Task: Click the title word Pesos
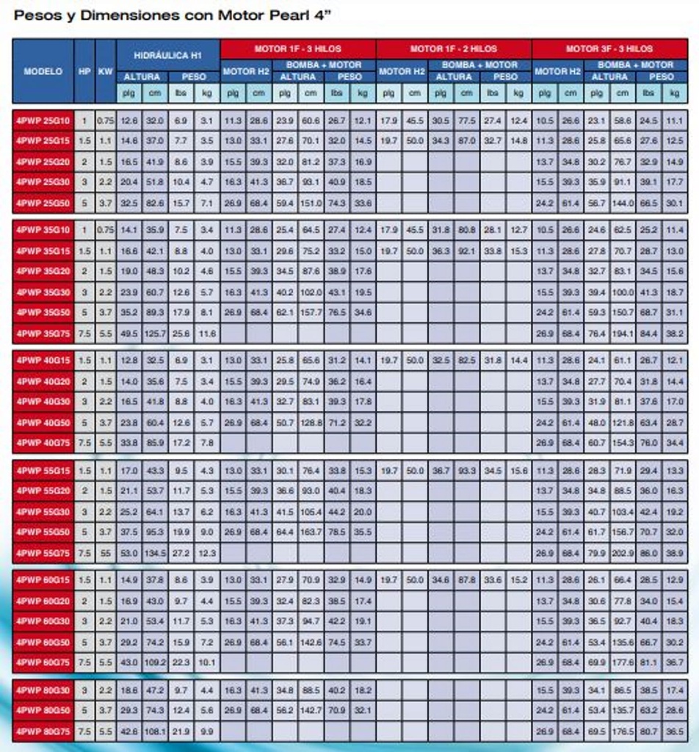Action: [x=37, y=15]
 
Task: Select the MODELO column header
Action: [x=43, y=71]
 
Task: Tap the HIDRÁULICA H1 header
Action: [x=167, y=55]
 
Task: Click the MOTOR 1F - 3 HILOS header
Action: [x=298, y=48]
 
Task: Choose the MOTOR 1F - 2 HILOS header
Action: [x=454, y=48]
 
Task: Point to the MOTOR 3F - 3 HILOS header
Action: [x=609, y=48]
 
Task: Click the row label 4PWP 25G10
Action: [x=43, y=120]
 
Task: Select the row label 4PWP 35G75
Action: [x=43, y=333]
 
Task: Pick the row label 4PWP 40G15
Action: [x=43, y=361]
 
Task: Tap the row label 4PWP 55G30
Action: [x=43, y=512]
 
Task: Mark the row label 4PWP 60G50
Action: [x=43, y=642]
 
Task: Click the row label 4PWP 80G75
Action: [x=43, y=731]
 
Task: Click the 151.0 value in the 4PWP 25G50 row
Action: [x=311, y=203]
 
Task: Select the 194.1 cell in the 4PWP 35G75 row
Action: [x=623, y=333]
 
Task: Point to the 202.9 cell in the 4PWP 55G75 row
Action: [x=623, y=553]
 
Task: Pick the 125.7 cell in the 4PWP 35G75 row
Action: [x=155, y=333]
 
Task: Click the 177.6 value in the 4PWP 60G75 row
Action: [x=623, y=662]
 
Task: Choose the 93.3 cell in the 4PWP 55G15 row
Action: [x=467, y=471]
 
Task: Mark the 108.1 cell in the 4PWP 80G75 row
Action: [x=155, y=731]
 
